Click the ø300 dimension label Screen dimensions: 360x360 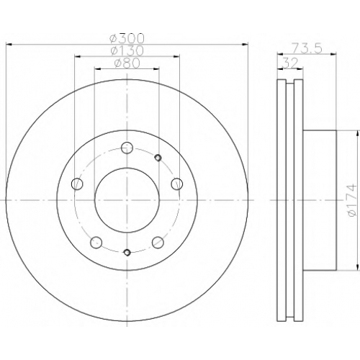(x=127, y=38)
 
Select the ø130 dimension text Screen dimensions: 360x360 (x=127, y=50)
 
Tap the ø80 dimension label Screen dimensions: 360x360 (x=127, y=63)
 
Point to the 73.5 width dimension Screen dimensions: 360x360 (x=307, y=48)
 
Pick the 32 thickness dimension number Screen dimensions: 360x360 (x=290, y=63)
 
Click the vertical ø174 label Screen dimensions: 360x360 (x=352, y=200)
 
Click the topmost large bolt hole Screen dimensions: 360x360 (x=127, y=148)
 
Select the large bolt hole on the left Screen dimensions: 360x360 (x=77, y=184)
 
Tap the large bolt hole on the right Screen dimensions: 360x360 (x=177, y=184)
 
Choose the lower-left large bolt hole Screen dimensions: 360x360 (x=96, y=243)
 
